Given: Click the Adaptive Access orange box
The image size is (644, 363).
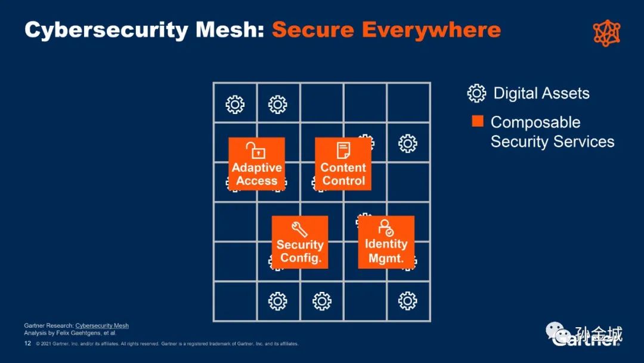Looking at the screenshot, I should coord(256,164).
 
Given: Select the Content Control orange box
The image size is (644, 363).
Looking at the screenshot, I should coord(343,164).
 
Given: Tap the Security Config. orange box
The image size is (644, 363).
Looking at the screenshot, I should coord(300,242).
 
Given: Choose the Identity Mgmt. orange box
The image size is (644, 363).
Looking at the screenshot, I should coord(386,242).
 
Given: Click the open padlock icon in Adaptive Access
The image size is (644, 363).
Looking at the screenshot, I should coord(256,150).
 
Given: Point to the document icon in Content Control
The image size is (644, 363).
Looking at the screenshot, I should coord(343,150).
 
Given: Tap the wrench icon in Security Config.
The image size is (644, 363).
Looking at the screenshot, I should coord(299,229).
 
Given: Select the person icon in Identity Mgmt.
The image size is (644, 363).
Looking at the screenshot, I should coord(386,227).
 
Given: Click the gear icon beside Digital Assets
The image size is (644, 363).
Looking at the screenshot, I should coord(476,93).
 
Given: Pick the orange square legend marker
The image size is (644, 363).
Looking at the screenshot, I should coord(478,121).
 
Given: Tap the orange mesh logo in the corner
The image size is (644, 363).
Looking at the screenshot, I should coord(607,33).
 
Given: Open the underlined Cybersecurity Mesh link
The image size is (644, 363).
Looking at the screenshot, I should coord(102,326).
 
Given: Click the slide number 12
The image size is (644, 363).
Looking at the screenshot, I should coord(27,344).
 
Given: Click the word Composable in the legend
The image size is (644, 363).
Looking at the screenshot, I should coord(535,122).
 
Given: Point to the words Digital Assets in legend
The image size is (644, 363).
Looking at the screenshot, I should coord(541,94).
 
